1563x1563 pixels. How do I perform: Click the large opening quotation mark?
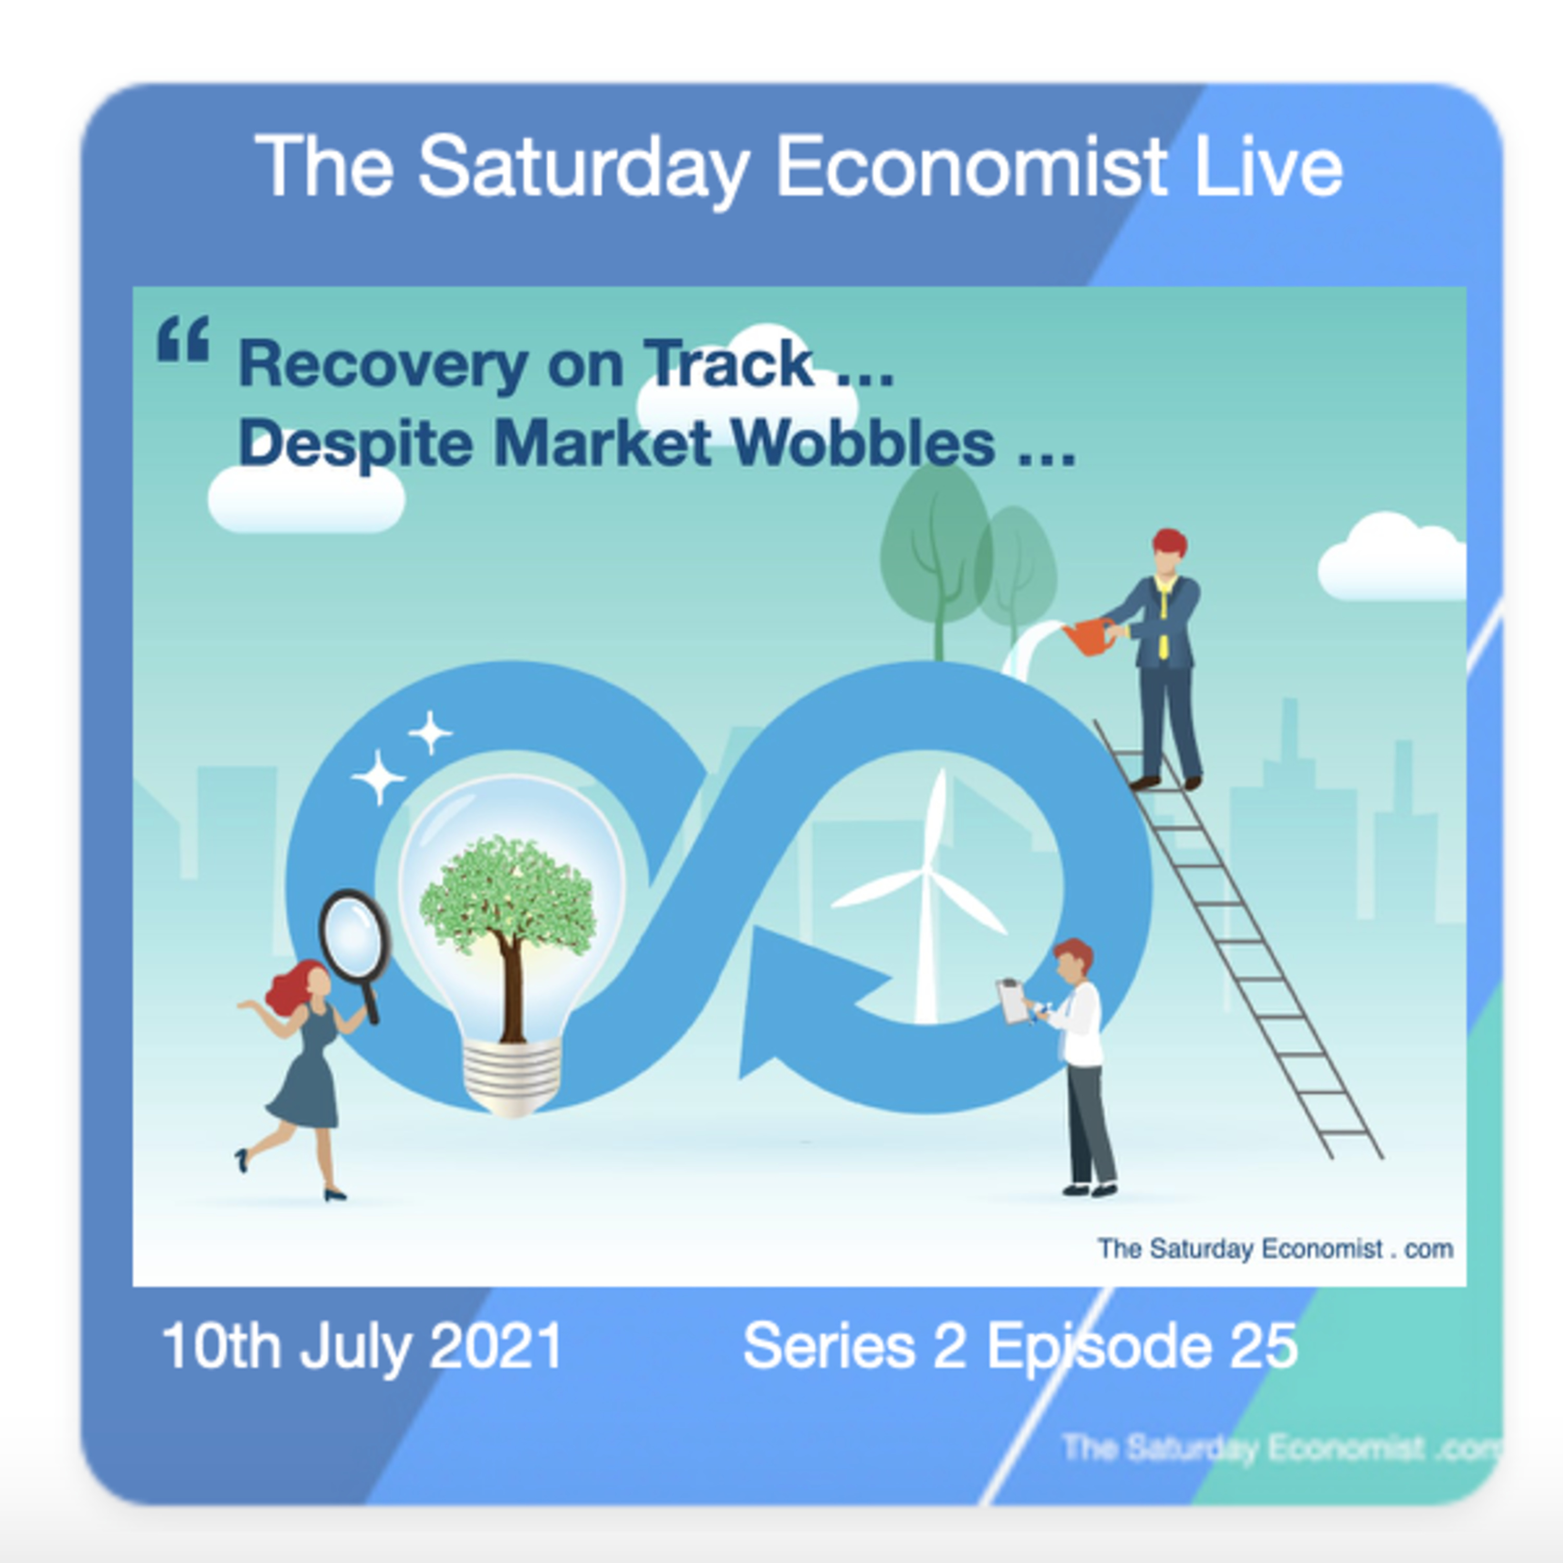coord(183,339)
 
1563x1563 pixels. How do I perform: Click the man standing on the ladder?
coord(1163,655)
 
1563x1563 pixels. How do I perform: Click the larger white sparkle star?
coord(377,777)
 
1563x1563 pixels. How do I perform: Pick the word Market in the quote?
coord(603,443)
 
